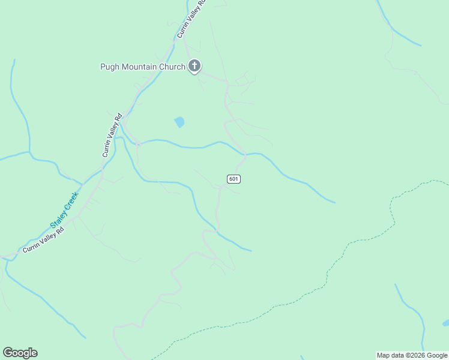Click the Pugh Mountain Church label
pyautogui.click(x=143, y=67)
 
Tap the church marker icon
pyautogui.click(x=194, y=66)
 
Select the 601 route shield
pyautogui.click(x=234, y=179)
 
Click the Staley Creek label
pyautogui.click(x=64, y=208)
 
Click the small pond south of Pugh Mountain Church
pyautogui.click(x=179, y=122)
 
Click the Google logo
pyautogui.click(x=20, y=353)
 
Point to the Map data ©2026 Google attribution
pyautogui.click(x=412, y=355)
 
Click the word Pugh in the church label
pyautogui.click(x=110, y=67)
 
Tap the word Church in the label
pyautogui.click(x=172, y=67)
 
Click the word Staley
pyautogui.click(x=58, y=217)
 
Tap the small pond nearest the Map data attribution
pyautogui.click(x=445, y=323)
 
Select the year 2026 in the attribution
pyautogui.click(x=417, y=355)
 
